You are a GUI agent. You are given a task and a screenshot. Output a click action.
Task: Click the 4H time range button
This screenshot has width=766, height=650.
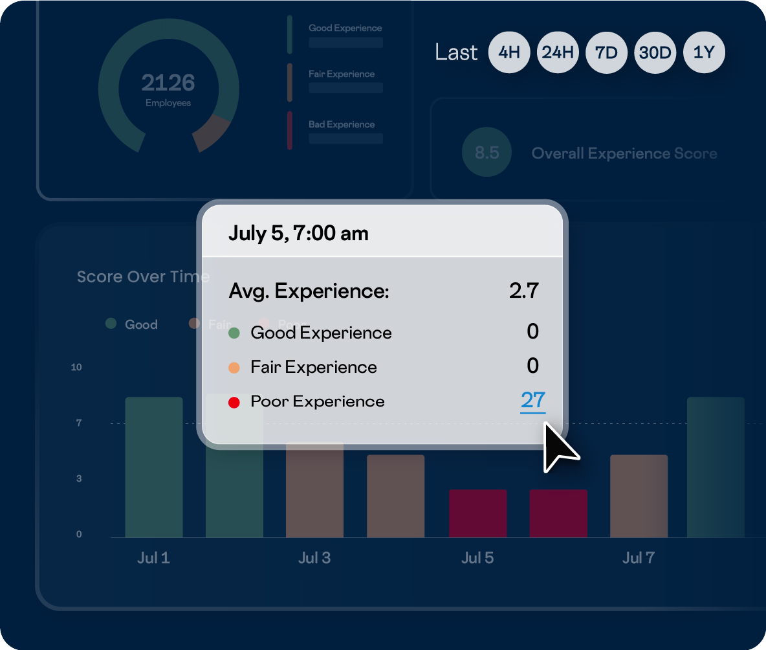click(x=509, y=52)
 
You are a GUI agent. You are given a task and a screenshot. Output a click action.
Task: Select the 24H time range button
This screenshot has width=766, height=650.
click(x=558, y=52)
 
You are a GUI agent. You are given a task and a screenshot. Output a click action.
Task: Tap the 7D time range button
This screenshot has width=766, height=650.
click(x=606, y=52)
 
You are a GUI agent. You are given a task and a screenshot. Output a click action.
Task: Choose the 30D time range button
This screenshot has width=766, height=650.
click(x=655, y=52)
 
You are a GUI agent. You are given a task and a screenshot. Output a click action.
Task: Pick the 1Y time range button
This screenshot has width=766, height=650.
click(x=703, y=52)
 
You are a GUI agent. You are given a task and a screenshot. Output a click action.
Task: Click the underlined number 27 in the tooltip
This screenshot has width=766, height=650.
click(x=532, y=400)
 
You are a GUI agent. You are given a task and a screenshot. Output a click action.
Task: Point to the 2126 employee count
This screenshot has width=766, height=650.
click(x=168, y=83)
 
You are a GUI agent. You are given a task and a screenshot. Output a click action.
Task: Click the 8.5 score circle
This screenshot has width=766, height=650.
click(x=487, y=153)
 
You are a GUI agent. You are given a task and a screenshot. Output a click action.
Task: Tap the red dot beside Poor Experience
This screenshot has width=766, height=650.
click(x=234, y=402)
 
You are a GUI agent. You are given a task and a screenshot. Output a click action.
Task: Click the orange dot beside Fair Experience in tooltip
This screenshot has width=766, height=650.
click(x=234, y=368)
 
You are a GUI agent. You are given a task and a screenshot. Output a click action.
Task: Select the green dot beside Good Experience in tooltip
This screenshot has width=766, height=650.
click(x=234, y=333)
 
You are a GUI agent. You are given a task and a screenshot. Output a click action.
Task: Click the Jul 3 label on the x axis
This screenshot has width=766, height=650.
click(x=314, y=558)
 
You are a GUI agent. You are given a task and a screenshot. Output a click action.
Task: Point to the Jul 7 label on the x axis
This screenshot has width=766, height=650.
click(x=639, y=558)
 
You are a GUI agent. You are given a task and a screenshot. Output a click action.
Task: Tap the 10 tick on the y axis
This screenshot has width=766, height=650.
click(x=76, y=367)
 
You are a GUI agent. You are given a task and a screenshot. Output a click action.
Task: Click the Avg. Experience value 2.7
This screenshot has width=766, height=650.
click(x=523, y=291)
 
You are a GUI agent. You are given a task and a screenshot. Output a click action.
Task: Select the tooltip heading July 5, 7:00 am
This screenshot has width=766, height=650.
click(x=298, y=233)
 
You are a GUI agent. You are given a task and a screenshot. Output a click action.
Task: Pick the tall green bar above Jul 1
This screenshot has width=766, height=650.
click(x=153, y=466)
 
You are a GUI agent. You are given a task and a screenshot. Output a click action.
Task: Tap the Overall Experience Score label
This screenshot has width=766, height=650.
click(x=624, y=153)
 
